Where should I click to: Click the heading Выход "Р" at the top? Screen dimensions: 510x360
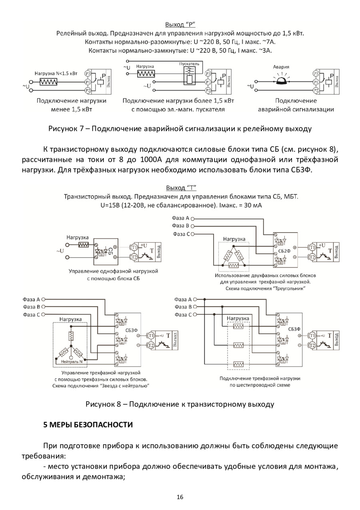click(x=180, y=24)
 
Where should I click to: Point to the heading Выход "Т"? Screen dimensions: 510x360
click(x=180, y=188)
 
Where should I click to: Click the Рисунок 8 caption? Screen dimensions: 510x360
click(x=180, y=404)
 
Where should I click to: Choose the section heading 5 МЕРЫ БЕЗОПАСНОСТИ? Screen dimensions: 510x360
click(x=88, y=424)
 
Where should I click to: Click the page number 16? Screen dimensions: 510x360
click(x=180, y=497)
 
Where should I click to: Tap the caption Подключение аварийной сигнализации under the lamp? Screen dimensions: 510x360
click(x=296, y=105)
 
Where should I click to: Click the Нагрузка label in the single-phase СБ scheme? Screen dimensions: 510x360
click(x=78, y=237)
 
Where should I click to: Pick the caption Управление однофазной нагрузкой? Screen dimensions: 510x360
click(x=113, y=271)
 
